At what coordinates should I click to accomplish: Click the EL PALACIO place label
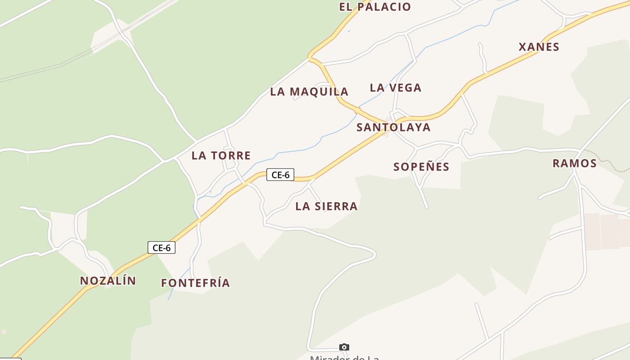pos(375,7)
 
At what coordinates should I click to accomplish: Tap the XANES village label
pos(539,47)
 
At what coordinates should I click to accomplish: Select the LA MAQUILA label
pos(309,92)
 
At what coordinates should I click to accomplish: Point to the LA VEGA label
pos(396,88)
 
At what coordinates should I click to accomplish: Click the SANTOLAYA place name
pos(393,127)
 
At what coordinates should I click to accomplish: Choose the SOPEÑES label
pos(421,167)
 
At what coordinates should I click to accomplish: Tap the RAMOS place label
pos(574,163)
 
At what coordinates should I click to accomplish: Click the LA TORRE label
pos(221,156)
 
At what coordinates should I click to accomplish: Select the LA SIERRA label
pos(326,207)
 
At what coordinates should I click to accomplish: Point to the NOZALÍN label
pos(108,281)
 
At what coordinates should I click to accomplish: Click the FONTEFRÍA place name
pos(196,283)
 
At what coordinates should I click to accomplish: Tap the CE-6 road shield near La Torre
pos(280,175)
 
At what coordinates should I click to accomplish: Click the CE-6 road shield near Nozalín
pos(162,247)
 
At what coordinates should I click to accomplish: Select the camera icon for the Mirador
pos(344,347)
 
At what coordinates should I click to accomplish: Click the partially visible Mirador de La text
pos(344,357)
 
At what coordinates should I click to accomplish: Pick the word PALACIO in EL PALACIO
pos(385,7)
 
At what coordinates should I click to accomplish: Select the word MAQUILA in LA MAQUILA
pos(319,92)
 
